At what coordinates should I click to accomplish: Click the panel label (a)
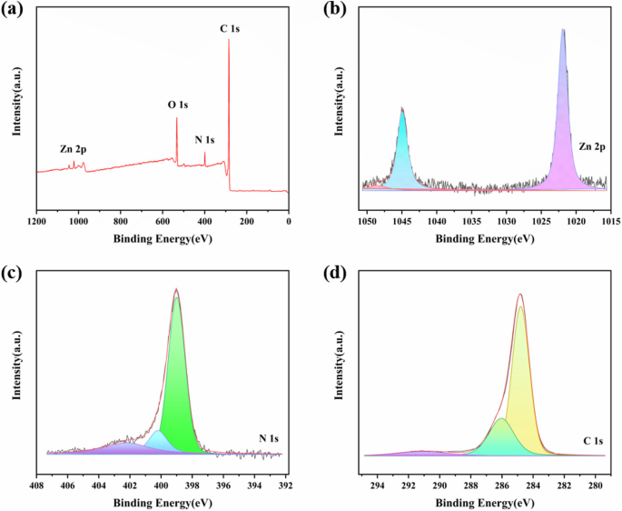point(14,11)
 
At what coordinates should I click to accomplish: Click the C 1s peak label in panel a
point(229,29)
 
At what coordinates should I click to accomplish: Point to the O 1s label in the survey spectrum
point(177,105)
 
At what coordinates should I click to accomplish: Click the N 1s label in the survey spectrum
point(205,140)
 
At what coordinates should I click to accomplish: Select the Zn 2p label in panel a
point(74,148)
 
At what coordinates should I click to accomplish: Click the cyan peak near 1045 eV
point(402,159)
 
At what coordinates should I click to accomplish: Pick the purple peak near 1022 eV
point(564,136)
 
